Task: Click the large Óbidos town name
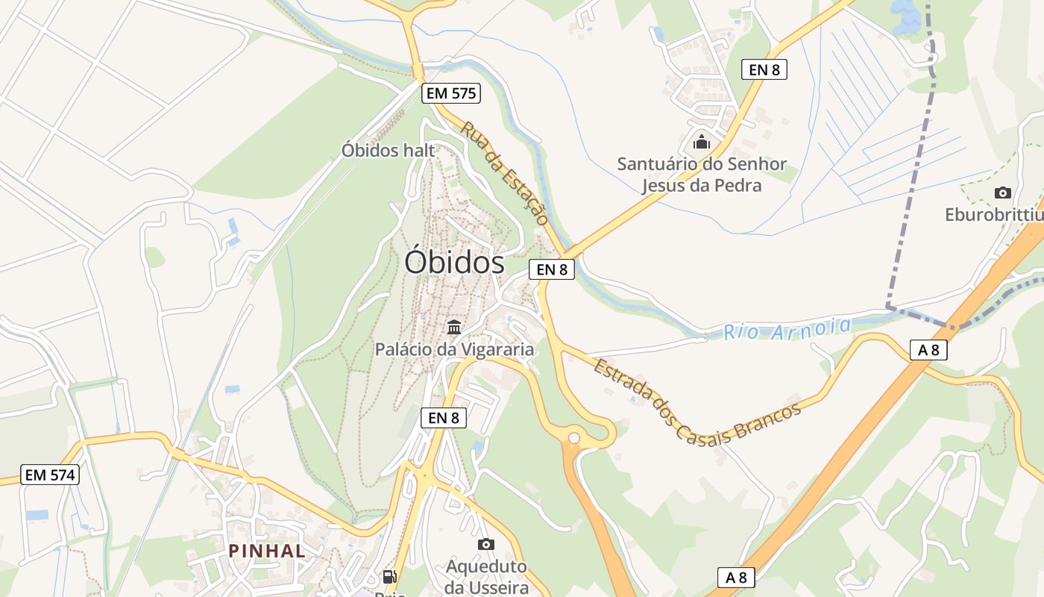(454, 263)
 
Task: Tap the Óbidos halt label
(388, 150)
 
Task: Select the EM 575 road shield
(450, 93)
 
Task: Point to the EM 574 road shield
(50, 475)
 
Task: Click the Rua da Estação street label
(504, 173)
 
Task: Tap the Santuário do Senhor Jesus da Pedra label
(702, 175)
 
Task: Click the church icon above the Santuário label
(702, 141)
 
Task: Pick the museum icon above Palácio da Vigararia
(453, 327)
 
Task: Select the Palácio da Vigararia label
(454, 349)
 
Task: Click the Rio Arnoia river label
(787, 328)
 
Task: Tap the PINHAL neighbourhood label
(267, 551)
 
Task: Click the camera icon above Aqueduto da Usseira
(486, 544)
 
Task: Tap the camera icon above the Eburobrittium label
(1003, 193)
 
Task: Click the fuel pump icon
(389, 576)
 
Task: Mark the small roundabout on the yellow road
(573, 438)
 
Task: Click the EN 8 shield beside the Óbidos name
(552, 269)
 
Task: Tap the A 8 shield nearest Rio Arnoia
(928, 349)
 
